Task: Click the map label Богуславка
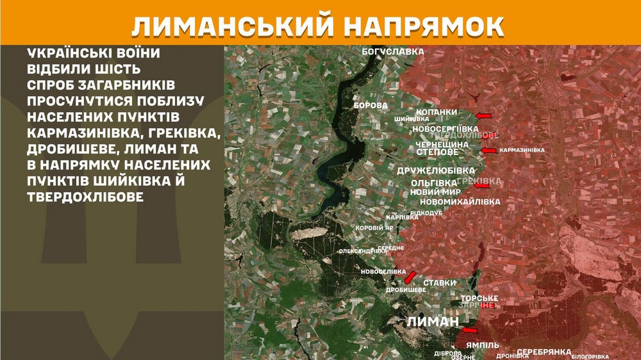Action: [x=394, y=51]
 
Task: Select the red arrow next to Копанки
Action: [x=483, y=115]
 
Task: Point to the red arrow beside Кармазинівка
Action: [x=489, y=151]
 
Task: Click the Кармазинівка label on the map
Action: [x=522, y=151]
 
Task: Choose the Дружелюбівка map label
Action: [x=436, y=171]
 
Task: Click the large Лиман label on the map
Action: [x=433, y=322]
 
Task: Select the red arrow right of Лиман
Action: [x=470, y=331]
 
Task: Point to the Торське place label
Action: [x=479, y=299]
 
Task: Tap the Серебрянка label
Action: [x=544, y=352]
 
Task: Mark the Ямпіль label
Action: [x=482, y=345]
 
